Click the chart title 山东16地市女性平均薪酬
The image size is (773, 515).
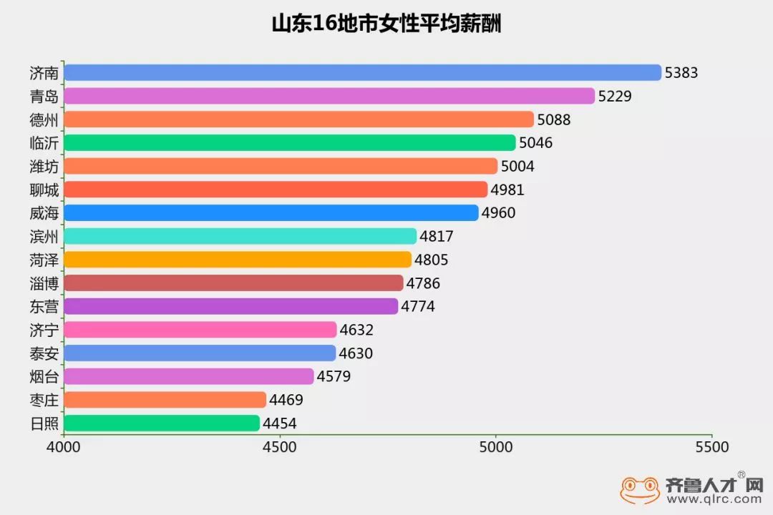[x=386, y=23]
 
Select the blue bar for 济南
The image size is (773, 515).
[x=362, y=72]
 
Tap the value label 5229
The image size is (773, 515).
[x=615, y=96]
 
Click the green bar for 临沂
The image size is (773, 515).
[x=289, y=142]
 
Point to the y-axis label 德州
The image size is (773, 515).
[x=44, y=119]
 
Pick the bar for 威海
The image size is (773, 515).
[x=271, y=212]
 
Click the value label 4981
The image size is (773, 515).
[x=507, y=190]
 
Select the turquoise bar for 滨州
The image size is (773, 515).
[x=240, y=236]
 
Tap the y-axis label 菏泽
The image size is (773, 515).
[x=44, y=260]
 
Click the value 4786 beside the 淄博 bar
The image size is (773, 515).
[x=423, y=283]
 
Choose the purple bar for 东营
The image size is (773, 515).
[x=230, y=306]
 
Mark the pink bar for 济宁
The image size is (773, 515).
[x=200, y=330]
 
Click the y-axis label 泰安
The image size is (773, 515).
[x=44, y=353]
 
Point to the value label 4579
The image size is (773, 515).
[x=334, y=376]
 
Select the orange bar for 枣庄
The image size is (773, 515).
[x=165, y=400]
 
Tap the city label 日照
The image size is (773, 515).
[x=44, y=423]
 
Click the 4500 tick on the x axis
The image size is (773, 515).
[x=279, y=447]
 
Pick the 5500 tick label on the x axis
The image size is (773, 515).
[x=711, y=447]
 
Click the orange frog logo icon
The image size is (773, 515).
[x=640, y=490]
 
